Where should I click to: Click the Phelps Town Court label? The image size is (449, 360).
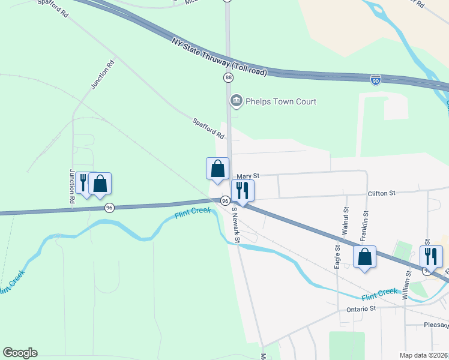[x=280, y=101]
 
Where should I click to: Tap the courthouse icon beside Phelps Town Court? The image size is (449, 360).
[x=236, y=101]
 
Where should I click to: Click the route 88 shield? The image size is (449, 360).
[x=228, y=78]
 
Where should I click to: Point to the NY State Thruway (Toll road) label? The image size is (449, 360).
[x=218, y=54]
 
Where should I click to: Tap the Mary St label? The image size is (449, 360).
[x=247, y=176]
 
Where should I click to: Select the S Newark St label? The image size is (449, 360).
[x=236, y=224]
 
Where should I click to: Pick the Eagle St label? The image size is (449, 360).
[x=338, y=256]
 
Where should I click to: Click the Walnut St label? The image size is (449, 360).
[x=346, y=221]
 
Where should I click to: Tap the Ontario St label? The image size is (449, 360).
[x=361, y=308]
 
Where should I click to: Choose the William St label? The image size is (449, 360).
[x=406, y=284]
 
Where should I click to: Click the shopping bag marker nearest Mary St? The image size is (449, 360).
[x=217, y=169]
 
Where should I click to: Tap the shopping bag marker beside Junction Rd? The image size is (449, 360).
[x=100, y=184]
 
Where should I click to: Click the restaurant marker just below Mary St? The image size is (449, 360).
[x=243, y=191]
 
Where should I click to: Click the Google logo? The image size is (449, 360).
[x=20, y=353]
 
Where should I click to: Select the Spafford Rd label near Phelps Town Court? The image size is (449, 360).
[x=208, y=129]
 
